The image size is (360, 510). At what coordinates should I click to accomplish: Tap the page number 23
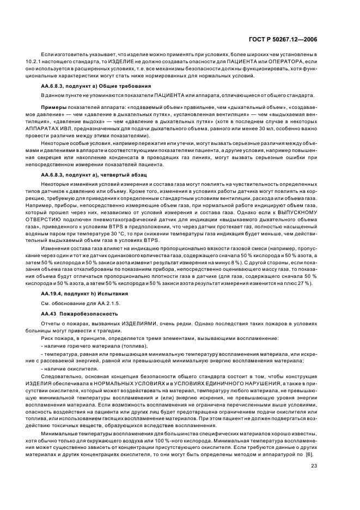(314, 465)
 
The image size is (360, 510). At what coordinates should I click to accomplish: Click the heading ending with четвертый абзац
(93, 174)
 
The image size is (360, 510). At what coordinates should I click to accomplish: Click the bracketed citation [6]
(309, 454)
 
